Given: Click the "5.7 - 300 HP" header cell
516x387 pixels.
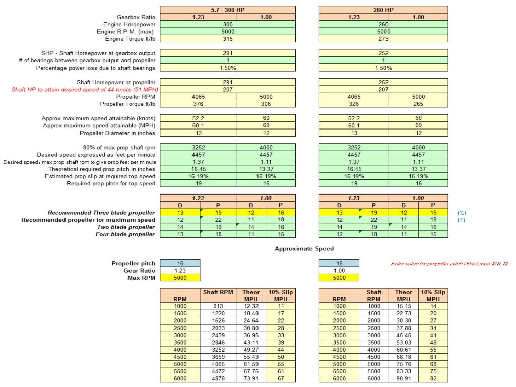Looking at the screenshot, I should coord(227,10).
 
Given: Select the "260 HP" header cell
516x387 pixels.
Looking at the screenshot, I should coord(383,10).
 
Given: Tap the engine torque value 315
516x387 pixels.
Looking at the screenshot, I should coord(227,39).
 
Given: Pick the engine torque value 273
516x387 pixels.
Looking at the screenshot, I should coord(383,39).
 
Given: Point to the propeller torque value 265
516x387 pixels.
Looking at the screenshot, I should coord(418,104).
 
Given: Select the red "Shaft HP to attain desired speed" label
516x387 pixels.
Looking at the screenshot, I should coord(84,90).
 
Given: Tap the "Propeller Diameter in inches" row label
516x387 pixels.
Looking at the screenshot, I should coord(117,133).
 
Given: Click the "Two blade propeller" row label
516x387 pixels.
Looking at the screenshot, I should coord(126,227).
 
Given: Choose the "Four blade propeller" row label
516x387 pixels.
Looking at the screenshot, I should coord(125,234).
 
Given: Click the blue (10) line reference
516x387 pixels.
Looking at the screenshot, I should coord(462,213).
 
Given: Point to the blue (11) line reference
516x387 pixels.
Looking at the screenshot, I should coord(462,220).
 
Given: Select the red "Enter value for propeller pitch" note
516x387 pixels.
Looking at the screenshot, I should coord(449,264).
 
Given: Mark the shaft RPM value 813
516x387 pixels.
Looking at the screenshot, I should coord(218,306).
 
